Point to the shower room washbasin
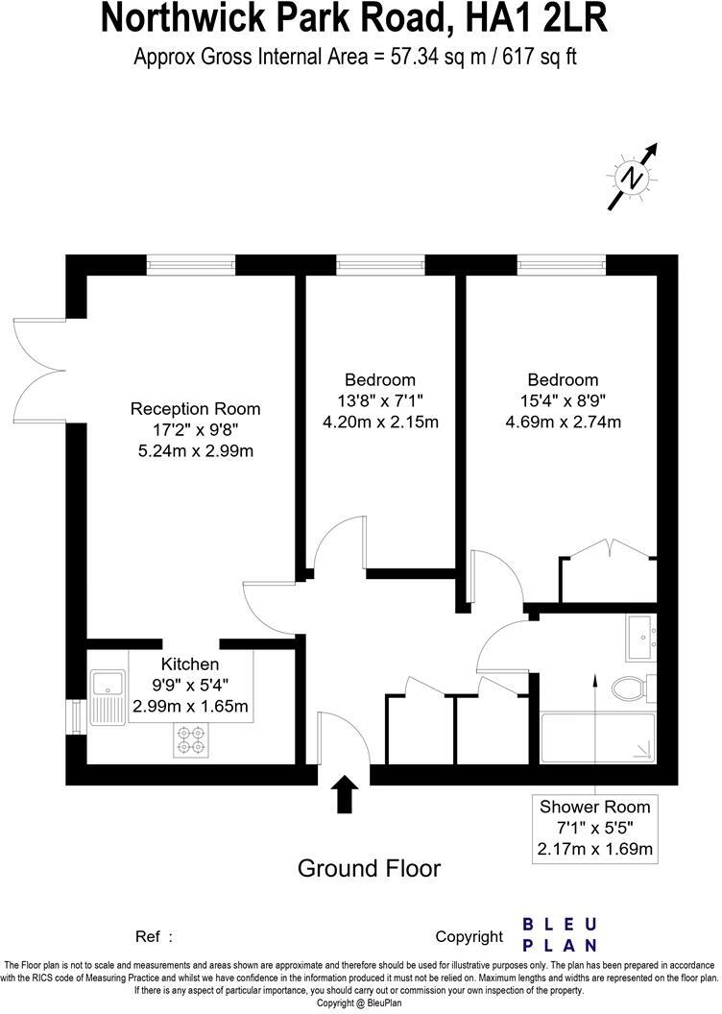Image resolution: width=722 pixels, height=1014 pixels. (x=640, y=639)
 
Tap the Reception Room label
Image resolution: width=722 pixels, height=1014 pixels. (x=195, y=409)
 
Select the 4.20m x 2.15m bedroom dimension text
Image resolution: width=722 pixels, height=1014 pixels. (x=381, y=422)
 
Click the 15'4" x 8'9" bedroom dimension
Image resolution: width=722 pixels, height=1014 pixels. (x=562, y=400)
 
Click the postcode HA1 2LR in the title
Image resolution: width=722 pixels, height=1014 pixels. (x=538, y=19)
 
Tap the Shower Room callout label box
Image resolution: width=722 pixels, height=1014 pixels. (x=595, y=828)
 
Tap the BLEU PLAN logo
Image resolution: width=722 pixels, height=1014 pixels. (x=559, y=933)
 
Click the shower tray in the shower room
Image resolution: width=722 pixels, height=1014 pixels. (x=598, y=737)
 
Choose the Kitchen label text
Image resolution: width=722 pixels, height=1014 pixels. (x=190, y=664)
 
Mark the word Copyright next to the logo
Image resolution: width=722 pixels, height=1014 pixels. (x=469, y=936)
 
